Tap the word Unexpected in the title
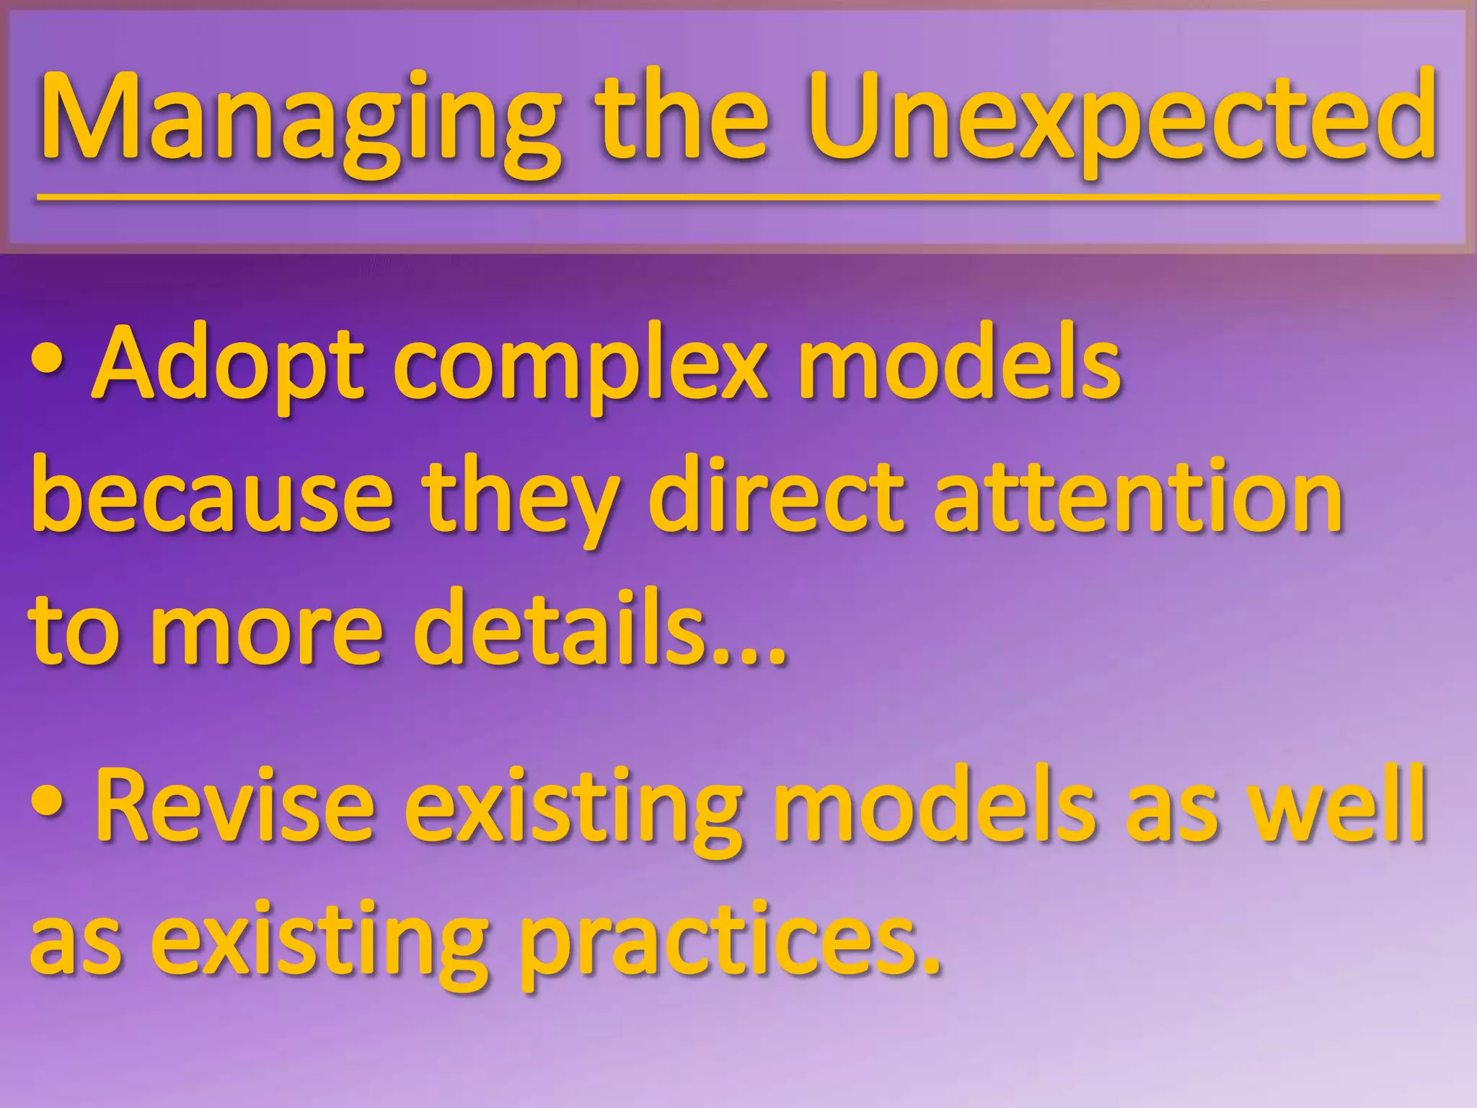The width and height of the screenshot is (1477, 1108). click(1122, 119)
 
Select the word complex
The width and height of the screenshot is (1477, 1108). click(581, 371)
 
